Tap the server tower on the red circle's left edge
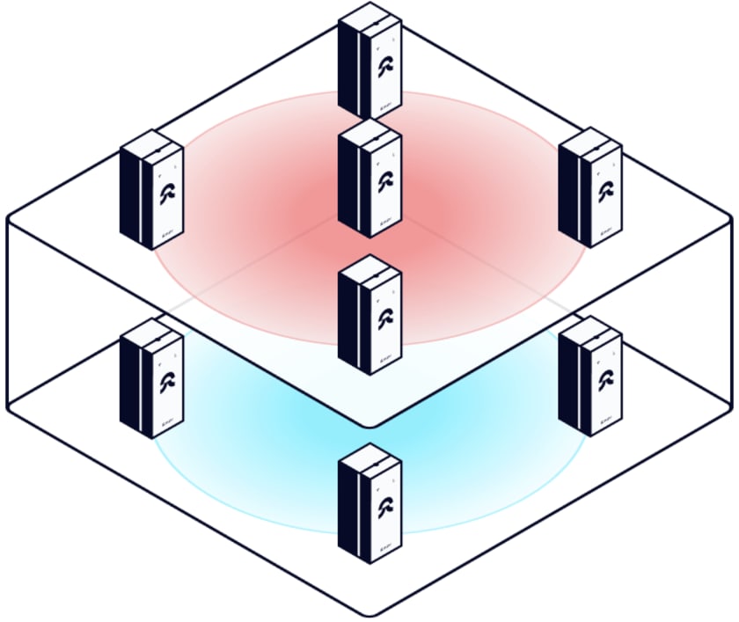(x=151, y=189)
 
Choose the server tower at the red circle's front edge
(x=369, y=317)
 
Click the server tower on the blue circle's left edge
(x=151, y=378)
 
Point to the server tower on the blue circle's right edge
(x=589, y=376)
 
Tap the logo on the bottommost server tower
(x=384, y=510)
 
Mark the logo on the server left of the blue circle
(x=165, y=384)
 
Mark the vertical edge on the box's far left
(x=8, y=312)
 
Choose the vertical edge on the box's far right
(x=731, y=312)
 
